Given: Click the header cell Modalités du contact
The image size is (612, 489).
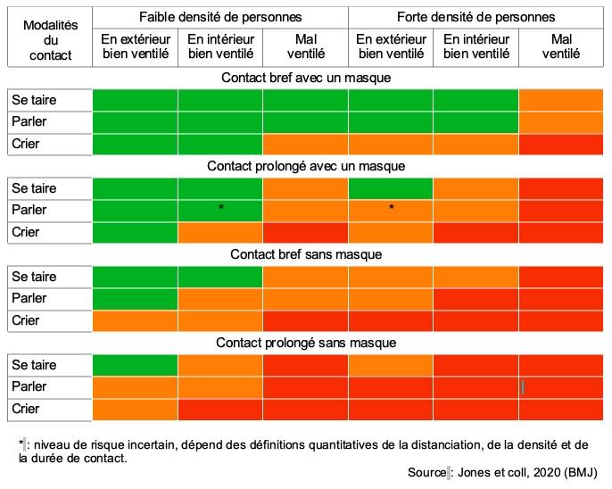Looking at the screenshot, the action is point(50,37).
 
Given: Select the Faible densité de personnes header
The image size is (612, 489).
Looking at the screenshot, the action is point(220,17).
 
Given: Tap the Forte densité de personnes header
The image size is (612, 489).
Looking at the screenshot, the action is point(476,17).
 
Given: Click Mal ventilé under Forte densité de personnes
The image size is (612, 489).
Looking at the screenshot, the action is point(561,46).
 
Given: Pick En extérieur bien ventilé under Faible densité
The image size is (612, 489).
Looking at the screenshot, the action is point(136,46).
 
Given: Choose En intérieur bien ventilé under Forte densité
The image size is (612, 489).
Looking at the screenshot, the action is point(476,46).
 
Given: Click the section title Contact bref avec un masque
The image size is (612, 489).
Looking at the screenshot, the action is point(306,78).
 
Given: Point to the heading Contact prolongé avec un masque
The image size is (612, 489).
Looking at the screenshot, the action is point(306,166).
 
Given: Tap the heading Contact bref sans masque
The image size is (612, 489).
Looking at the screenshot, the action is point(306,254).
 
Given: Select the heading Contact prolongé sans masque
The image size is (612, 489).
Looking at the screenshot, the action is point(306,343).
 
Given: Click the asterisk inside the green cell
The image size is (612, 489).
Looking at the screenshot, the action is point(221,206).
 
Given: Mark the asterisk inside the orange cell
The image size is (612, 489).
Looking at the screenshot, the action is point(391,206).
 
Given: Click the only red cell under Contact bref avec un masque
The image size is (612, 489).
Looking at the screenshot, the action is point(561,144).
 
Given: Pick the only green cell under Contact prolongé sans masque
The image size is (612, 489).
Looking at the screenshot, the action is point(135,365).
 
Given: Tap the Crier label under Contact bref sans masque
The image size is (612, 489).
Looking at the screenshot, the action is point(26,320).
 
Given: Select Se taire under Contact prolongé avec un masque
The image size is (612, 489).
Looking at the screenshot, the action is point(34,188).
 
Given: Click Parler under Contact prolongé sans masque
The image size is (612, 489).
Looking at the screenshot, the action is point(29,386).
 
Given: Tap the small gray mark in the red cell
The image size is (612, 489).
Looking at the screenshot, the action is point(523,386).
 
